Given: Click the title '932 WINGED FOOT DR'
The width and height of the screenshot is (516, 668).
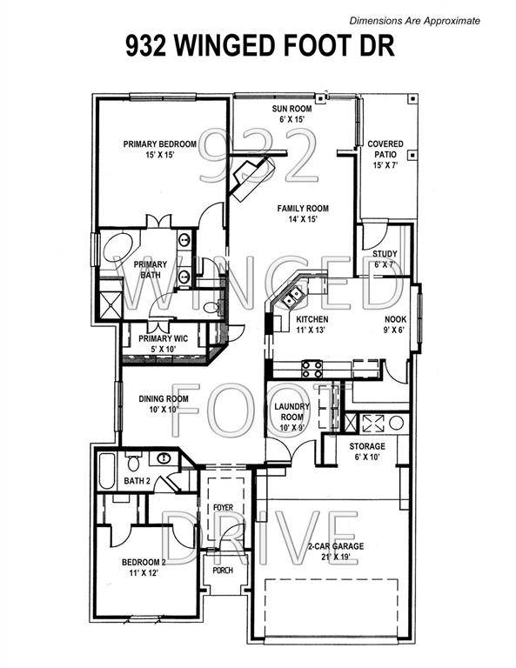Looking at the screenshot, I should point(258,46).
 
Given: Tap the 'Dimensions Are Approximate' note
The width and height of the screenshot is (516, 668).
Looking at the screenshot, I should point(414,20).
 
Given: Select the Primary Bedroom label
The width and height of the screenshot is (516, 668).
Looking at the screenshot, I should point(158,149).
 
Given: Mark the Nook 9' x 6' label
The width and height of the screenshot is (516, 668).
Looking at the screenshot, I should point(396,324).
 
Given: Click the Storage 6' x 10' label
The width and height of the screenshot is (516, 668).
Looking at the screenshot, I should point(366,451).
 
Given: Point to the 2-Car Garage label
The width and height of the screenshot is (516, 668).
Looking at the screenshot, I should point(334,551).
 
